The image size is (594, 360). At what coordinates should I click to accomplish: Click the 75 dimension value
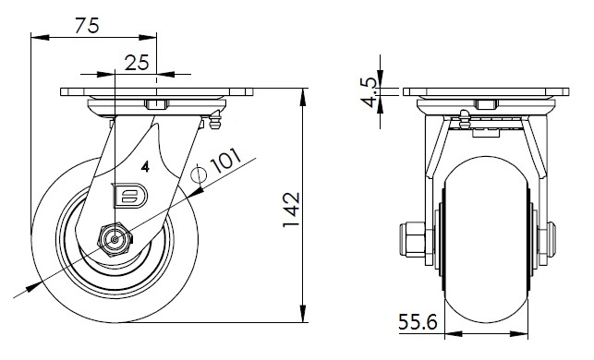coord(87,25)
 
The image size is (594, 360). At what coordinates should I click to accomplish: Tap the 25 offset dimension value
coord(137,63)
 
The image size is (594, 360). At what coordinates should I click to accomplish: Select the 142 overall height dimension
coord(292,210)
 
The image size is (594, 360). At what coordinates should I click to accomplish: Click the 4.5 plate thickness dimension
coord(369,92)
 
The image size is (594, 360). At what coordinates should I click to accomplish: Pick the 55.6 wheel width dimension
coord(418,322)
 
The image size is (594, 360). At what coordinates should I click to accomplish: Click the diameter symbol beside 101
coord(198,174)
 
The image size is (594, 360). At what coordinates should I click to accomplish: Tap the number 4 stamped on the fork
coord(145,166)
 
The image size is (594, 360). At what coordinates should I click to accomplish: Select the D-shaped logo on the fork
coord(130,196)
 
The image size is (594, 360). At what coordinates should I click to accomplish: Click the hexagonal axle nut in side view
coord(115,239)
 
